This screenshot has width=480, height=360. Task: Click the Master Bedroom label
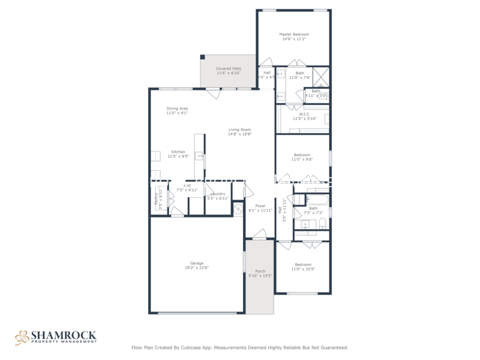[294, 34]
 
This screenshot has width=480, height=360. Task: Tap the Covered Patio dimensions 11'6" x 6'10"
[228, 73]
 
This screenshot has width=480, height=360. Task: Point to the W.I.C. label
[305, 114]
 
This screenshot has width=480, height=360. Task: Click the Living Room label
[239, 130]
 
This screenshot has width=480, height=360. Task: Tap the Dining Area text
[177, 108]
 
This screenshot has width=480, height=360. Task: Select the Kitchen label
[178, 152]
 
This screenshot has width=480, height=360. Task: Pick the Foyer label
[260, 205]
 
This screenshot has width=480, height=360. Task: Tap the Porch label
[260, 271]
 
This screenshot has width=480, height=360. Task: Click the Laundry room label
[218, 194]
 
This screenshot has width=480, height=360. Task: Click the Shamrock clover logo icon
[22, 337]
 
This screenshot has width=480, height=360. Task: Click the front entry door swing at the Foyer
[260, 233]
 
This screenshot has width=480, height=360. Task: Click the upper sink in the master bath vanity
[281, 74]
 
